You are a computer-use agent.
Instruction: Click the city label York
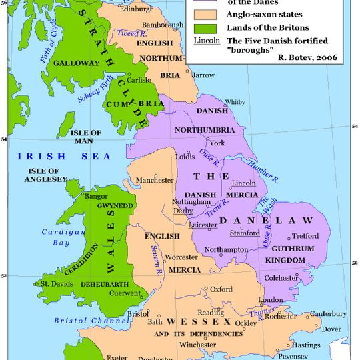pyautogui.click(x=217, y=143)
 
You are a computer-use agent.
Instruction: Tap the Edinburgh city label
pyautogui.click(x=137, y=9)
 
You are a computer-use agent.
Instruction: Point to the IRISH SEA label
pyautogui.click(x=51, y=157)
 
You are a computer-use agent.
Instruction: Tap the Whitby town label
pyautogui.click(x=235, y=102)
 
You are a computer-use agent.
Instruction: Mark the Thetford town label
pyautogui.click(x=305, y=235)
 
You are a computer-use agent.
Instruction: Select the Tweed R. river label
pyautogui.click(x=129, y=33)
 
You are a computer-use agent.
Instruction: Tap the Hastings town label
pyautogui.click(x=325, y=345)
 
